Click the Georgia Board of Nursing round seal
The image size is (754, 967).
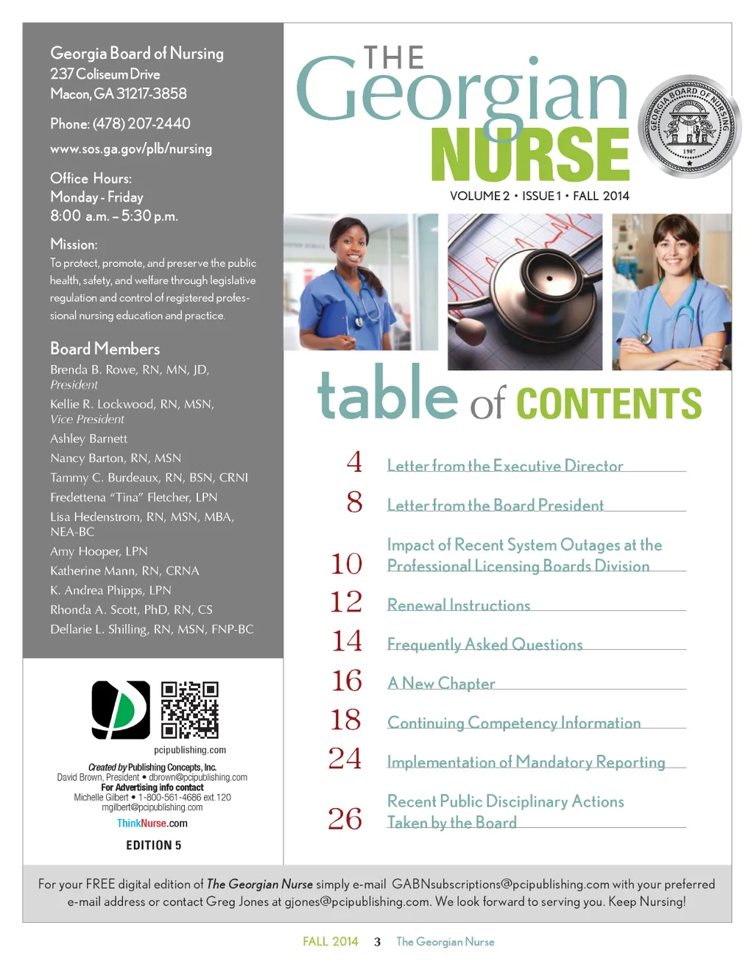pyautogui.click(x=688, y=126)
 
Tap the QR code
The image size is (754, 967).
pyautogui.click(x=189, y=709)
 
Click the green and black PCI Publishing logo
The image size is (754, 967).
pyautogui.click(x=121, y=709)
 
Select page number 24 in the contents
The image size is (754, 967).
pyautogui.click(x=345, y=759)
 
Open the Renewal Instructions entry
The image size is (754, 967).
pyautogui.click(x=459, y=606)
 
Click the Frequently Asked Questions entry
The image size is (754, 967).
pyautogui.click(x=485, y=645)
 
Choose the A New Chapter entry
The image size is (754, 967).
pyautogui.click(x=441, y=684)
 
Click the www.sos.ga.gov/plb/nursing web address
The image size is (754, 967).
pyautogui.click(x=131, y=149)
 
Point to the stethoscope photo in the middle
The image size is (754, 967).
pyautogui.click(x=524, y=291)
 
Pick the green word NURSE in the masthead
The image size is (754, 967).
pyautogui.click(x=530, y=154)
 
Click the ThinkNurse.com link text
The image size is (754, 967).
pyautogui.click(x=152, y=823)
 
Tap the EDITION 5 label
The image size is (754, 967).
pyautogui.click(x=153, y=846)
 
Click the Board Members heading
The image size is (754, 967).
pyautogui.click(x=105, y=349)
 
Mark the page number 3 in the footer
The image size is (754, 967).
pyautogui.click(x=377, y=942)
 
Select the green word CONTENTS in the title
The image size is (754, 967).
pyautogui.click(x=609, y=403)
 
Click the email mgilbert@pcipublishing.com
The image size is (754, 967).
pyautogui.click(x=152, y=807)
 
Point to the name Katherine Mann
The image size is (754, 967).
pyautogui.click(x=93, y=571)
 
